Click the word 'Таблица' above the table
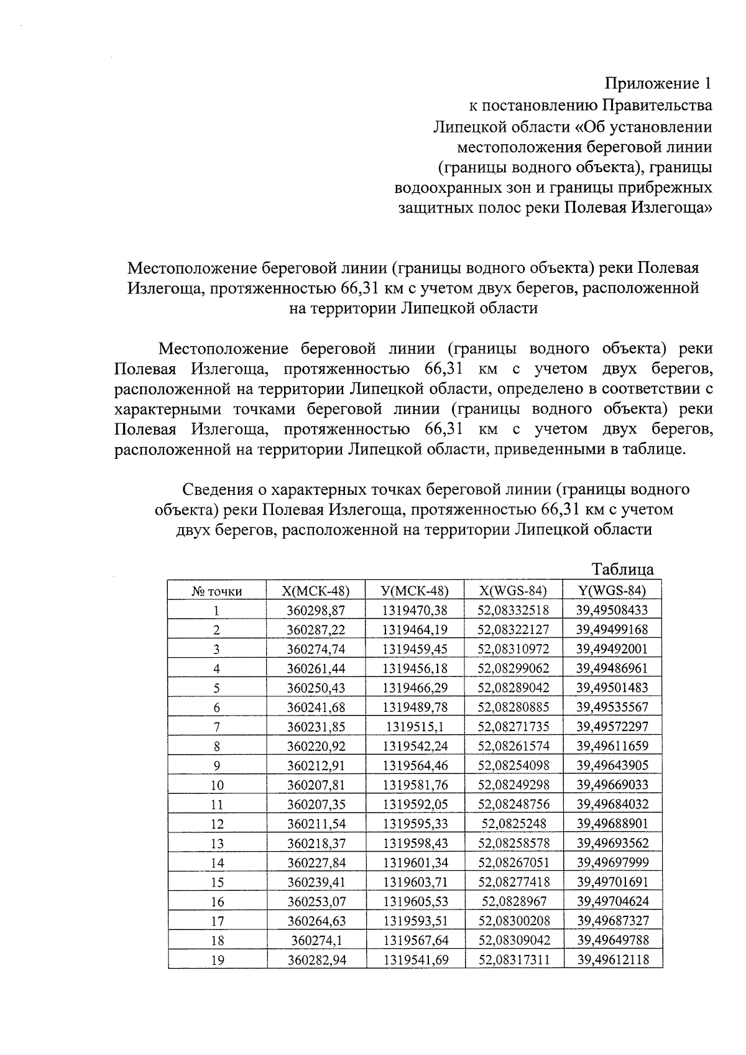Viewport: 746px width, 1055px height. (x=622, y=569)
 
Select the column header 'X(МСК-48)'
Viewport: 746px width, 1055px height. (x=316, y=591)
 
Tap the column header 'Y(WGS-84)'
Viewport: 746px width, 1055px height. (x=612, y=591)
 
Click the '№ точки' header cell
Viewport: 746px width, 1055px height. (x=217, y=591)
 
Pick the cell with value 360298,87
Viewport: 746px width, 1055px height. (x=316, y=610)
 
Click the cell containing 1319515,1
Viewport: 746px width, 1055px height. (x=415, y=727)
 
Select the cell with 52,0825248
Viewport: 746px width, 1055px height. (x=513, y=824)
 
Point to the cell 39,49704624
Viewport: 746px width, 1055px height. (x=612, y=901)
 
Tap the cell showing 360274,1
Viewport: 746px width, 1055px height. (x=316, y=940)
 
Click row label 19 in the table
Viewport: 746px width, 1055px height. (x=217, y=960)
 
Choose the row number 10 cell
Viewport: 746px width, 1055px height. (x=217, y=785)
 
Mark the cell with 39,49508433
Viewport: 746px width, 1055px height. (x=612, y=610)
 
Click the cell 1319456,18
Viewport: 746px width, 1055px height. (x=415, y=668)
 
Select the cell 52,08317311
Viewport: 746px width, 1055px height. (x=513, y=960)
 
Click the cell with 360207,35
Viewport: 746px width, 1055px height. (x=316, y=804)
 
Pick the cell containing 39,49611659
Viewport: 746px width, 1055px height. (x=612, y=746)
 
